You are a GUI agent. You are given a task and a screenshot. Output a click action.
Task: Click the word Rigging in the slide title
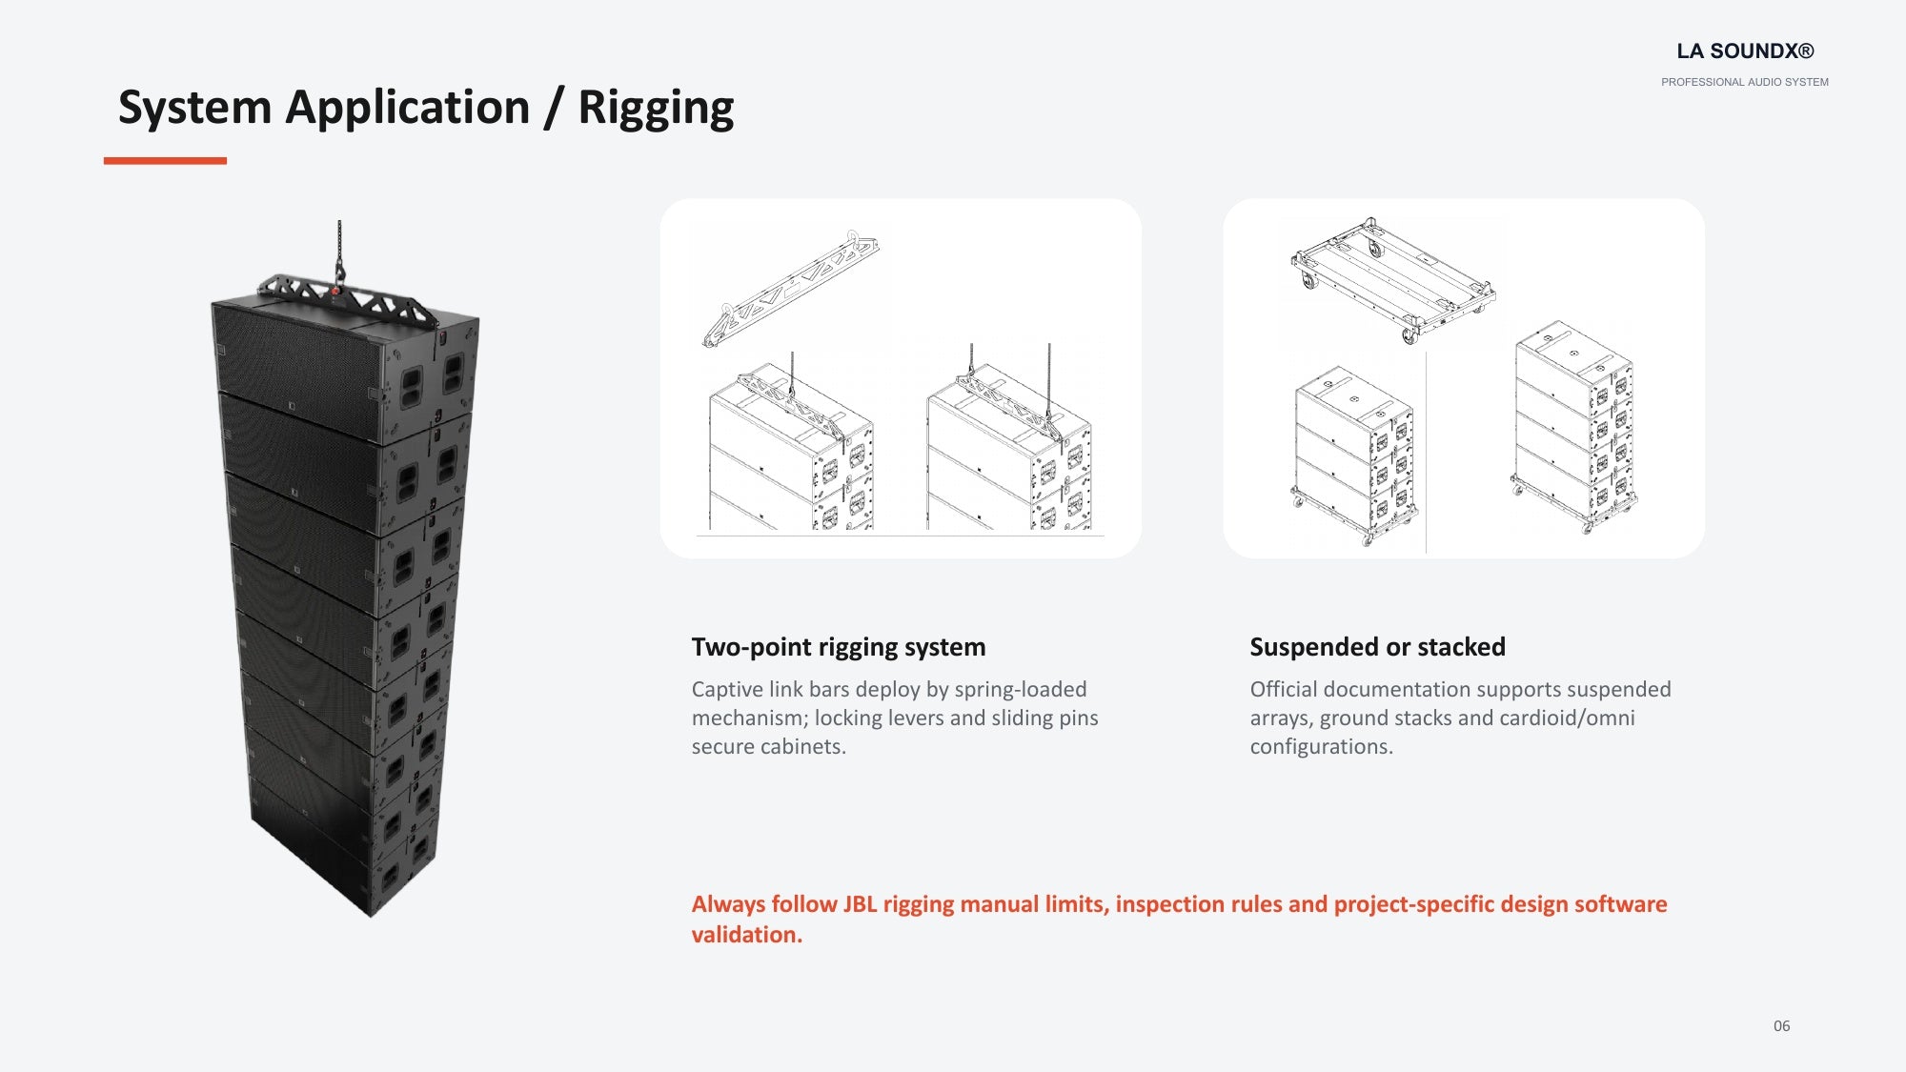[x=656, y=108]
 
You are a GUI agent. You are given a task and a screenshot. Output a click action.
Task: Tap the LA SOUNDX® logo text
[x=1745, y=51]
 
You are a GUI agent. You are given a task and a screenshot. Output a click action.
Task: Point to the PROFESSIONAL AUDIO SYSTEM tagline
[x=1745, y=82]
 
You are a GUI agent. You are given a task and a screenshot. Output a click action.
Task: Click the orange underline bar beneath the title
[x=165, y=161]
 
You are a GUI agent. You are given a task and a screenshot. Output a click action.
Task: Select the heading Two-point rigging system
[x=839, y=647]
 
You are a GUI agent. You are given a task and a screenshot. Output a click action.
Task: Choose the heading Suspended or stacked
[x=1377, y=647]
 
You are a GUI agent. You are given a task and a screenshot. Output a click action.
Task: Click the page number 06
[x=1781, y=1026]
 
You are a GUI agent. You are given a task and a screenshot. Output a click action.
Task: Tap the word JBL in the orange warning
[x=860, y=904]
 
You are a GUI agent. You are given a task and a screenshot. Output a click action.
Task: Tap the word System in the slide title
[x=194, y=108]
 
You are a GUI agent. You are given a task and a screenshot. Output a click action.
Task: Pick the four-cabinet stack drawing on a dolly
[x=1574, y=427]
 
